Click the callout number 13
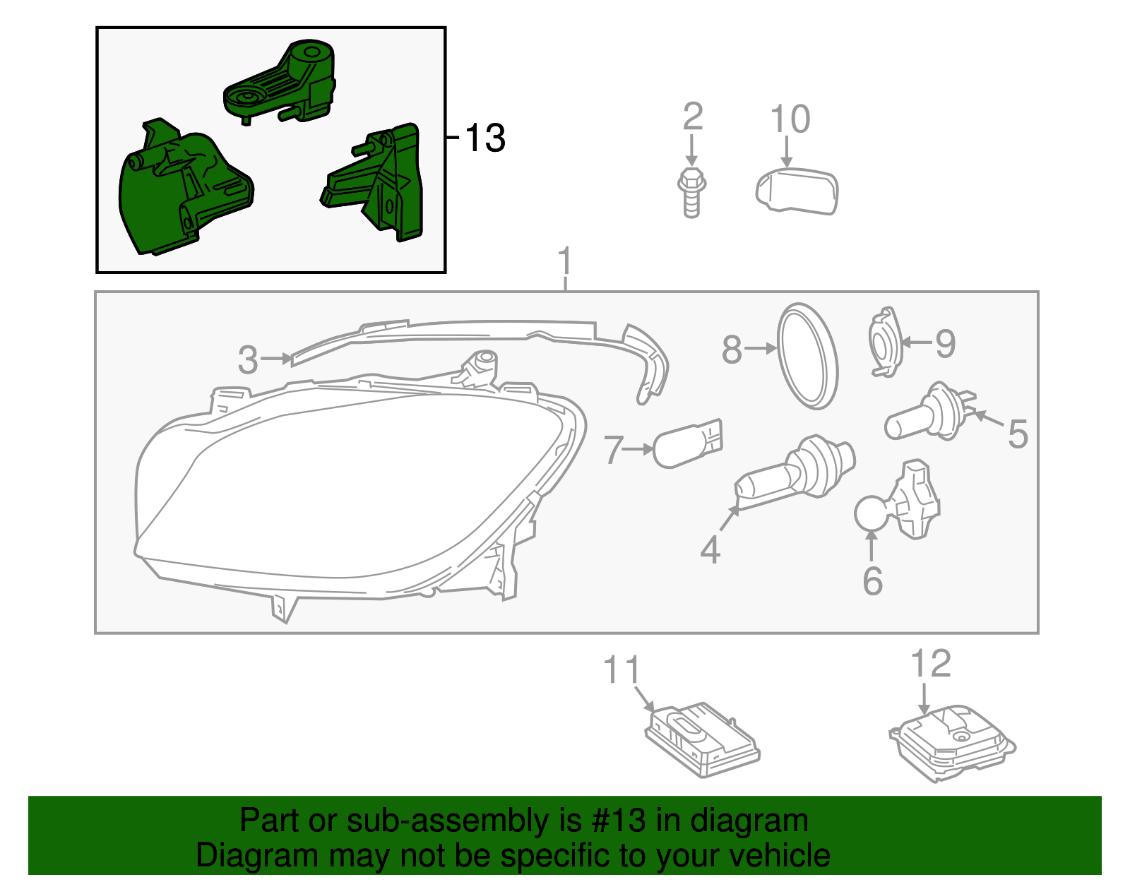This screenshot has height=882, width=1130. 485,138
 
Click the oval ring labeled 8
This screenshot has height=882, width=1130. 807,356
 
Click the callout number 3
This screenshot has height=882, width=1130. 248,359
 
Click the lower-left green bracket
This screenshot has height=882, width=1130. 180,191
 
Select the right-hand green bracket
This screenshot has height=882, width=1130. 381,184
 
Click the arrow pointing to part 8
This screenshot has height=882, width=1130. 760,348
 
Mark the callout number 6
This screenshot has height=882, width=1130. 873,581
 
